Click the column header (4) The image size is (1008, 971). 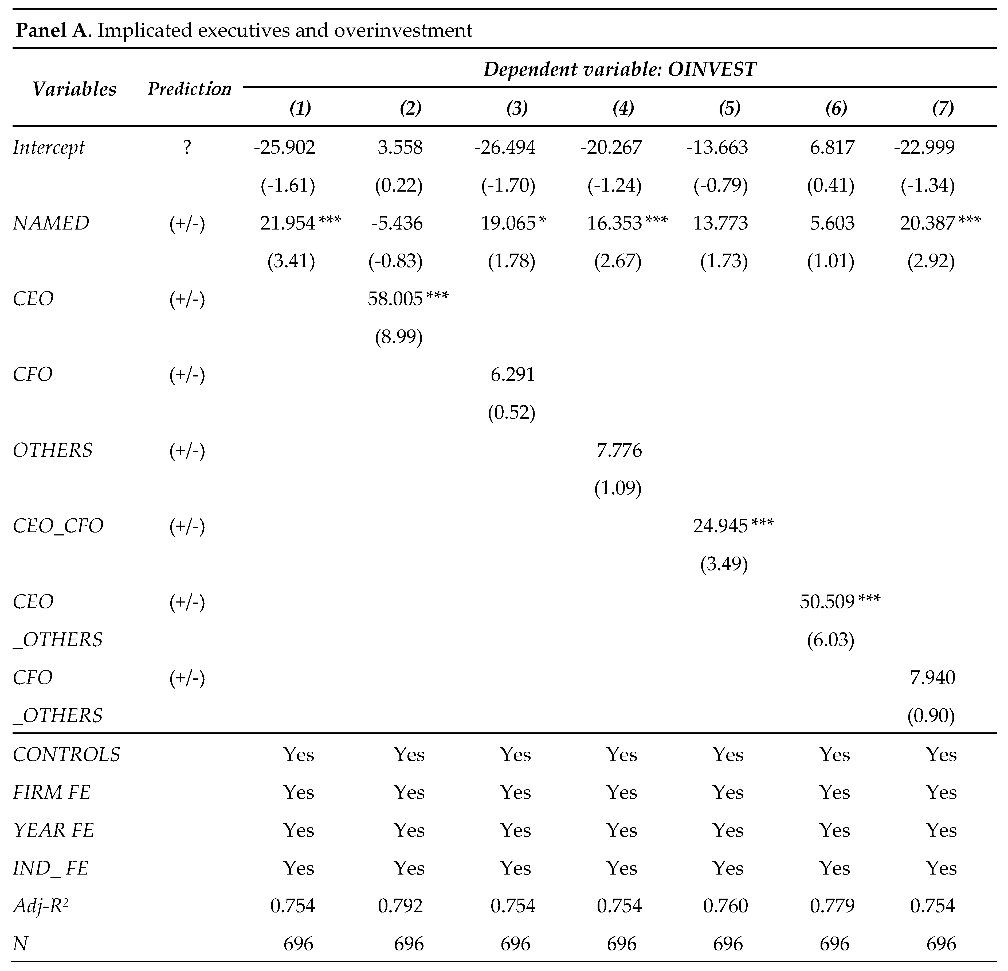(623, 108)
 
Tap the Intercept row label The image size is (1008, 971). (49, 148)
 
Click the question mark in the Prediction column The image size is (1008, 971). (187, 148)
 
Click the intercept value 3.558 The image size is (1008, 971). (400, 148)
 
